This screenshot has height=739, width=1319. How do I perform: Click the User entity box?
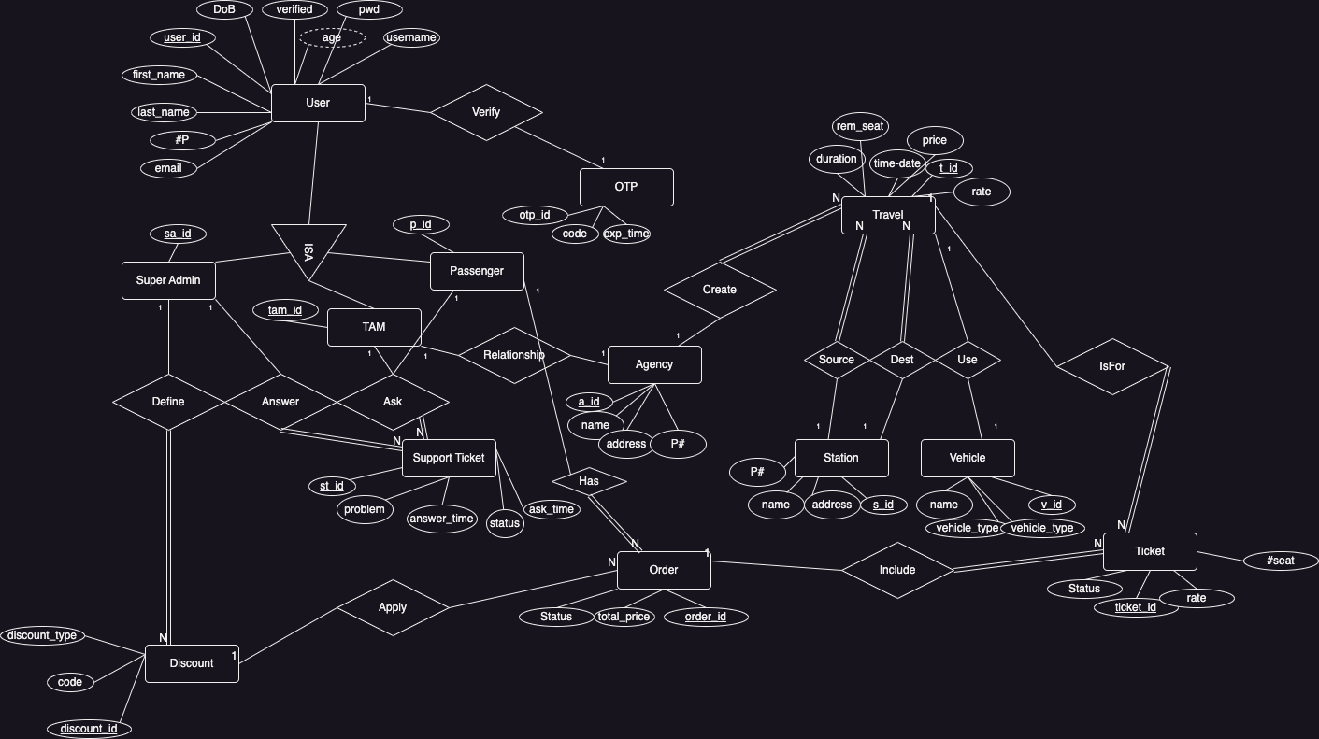(x=318, y=103)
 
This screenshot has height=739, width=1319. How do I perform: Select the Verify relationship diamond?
(x=486, y=112)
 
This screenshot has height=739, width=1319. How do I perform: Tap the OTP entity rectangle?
(x=626, y=187)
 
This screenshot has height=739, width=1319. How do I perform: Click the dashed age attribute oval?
(x=332, y=37)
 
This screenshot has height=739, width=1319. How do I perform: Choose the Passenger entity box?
(x=477, y=271)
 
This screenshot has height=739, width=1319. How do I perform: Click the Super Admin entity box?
(x=168, y=280)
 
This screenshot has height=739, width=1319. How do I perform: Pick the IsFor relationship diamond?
(x=1112, y=366)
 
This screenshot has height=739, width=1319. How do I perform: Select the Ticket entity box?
(x=1150, y=551)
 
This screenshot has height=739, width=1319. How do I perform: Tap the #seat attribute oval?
(x=1281, y=561)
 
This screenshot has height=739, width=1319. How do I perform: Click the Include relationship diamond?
(x=897, y=570)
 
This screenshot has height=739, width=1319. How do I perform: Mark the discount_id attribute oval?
(x=89, y=729)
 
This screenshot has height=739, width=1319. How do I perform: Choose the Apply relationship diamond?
(x=393, y=607)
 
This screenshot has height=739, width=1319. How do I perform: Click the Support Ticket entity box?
(x=449, y=458)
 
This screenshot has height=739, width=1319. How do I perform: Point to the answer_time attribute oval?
(x=442, y=519)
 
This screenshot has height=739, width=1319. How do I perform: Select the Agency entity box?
(x=654, y=364)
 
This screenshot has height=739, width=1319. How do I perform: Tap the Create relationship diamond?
(x=720, y=290)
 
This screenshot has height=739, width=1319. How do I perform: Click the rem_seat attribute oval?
(x=860, y=126)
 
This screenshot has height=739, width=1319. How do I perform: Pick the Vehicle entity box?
(x=968, y=458)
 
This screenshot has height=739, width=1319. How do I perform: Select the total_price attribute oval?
(x=624, y=617)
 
